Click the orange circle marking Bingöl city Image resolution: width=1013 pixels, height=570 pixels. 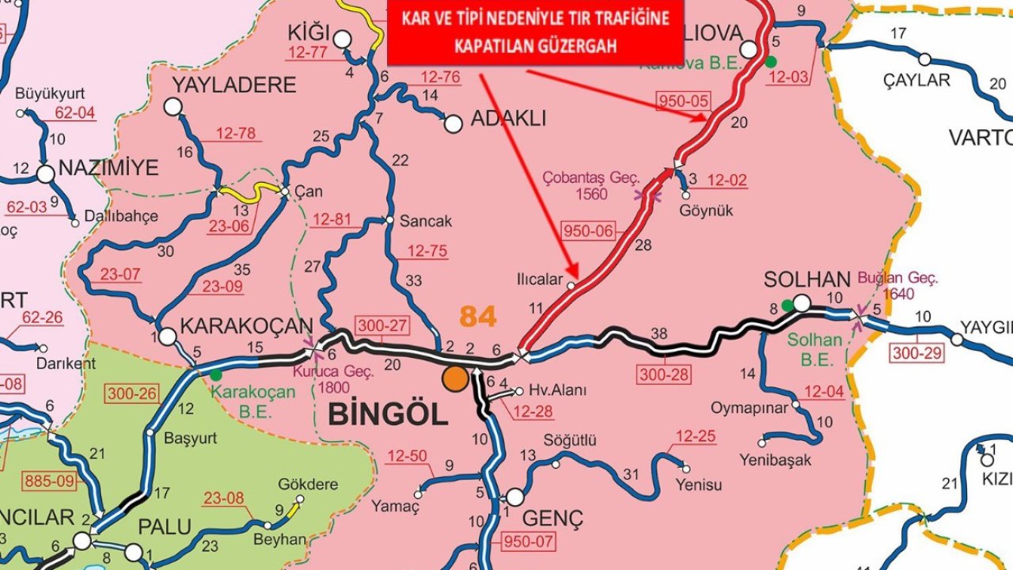click(455, 378)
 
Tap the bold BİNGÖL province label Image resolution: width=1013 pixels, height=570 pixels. click(388, 413)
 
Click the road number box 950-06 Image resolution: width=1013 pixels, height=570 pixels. click(588, 231)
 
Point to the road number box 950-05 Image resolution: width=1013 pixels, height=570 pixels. click(684, 101)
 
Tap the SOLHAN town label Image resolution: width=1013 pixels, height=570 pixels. click(806, 279)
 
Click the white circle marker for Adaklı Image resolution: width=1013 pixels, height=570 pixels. click(453, 123)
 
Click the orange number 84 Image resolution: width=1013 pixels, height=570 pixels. click(478, 317)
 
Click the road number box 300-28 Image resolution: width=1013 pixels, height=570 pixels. click(665, 374)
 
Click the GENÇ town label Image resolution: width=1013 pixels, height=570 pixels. click(553, 519)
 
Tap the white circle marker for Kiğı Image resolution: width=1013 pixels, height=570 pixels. click(343, 39)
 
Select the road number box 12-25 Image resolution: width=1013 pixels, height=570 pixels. click(696, 435)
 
